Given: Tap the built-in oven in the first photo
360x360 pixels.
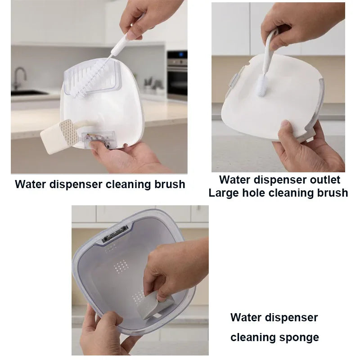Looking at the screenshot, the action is point(177,75).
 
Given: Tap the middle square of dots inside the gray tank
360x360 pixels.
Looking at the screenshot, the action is point(121,266).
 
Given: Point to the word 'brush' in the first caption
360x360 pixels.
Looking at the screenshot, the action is point(170,184).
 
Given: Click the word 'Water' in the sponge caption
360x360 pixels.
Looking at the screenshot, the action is point(244,318).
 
